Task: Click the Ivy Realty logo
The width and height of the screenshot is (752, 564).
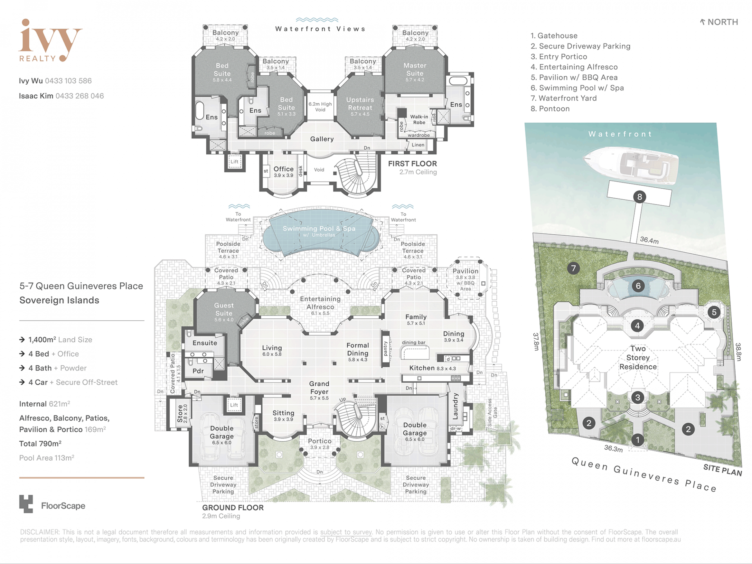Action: [x=50, y=41]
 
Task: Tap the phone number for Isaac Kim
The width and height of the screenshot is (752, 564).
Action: [x=80, y=96]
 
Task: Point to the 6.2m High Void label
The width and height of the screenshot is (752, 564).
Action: [x=320, y=107]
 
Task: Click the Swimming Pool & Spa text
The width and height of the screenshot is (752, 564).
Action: [x=319, y=228]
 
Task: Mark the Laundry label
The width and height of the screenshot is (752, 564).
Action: [x=455, y=407]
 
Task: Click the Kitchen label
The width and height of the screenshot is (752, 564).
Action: [x=422, y=368]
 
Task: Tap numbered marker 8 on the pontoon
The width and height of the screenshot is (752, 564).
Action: [x=640, y=197]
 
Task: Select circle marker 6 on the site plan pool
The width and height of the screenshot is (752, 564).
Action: [x=638, y=286]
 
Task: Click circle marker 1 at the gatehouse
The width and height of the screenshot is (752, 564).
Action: [x=638, y=440]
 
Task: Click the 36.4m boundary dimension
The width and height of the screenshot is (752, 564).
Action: [x=649, y=240]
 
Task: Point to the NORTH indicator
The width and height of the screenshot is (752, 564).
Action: [x=719, y=22]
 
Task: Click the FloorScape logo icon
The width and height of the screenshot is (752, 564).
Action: [x=26, y=504]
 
